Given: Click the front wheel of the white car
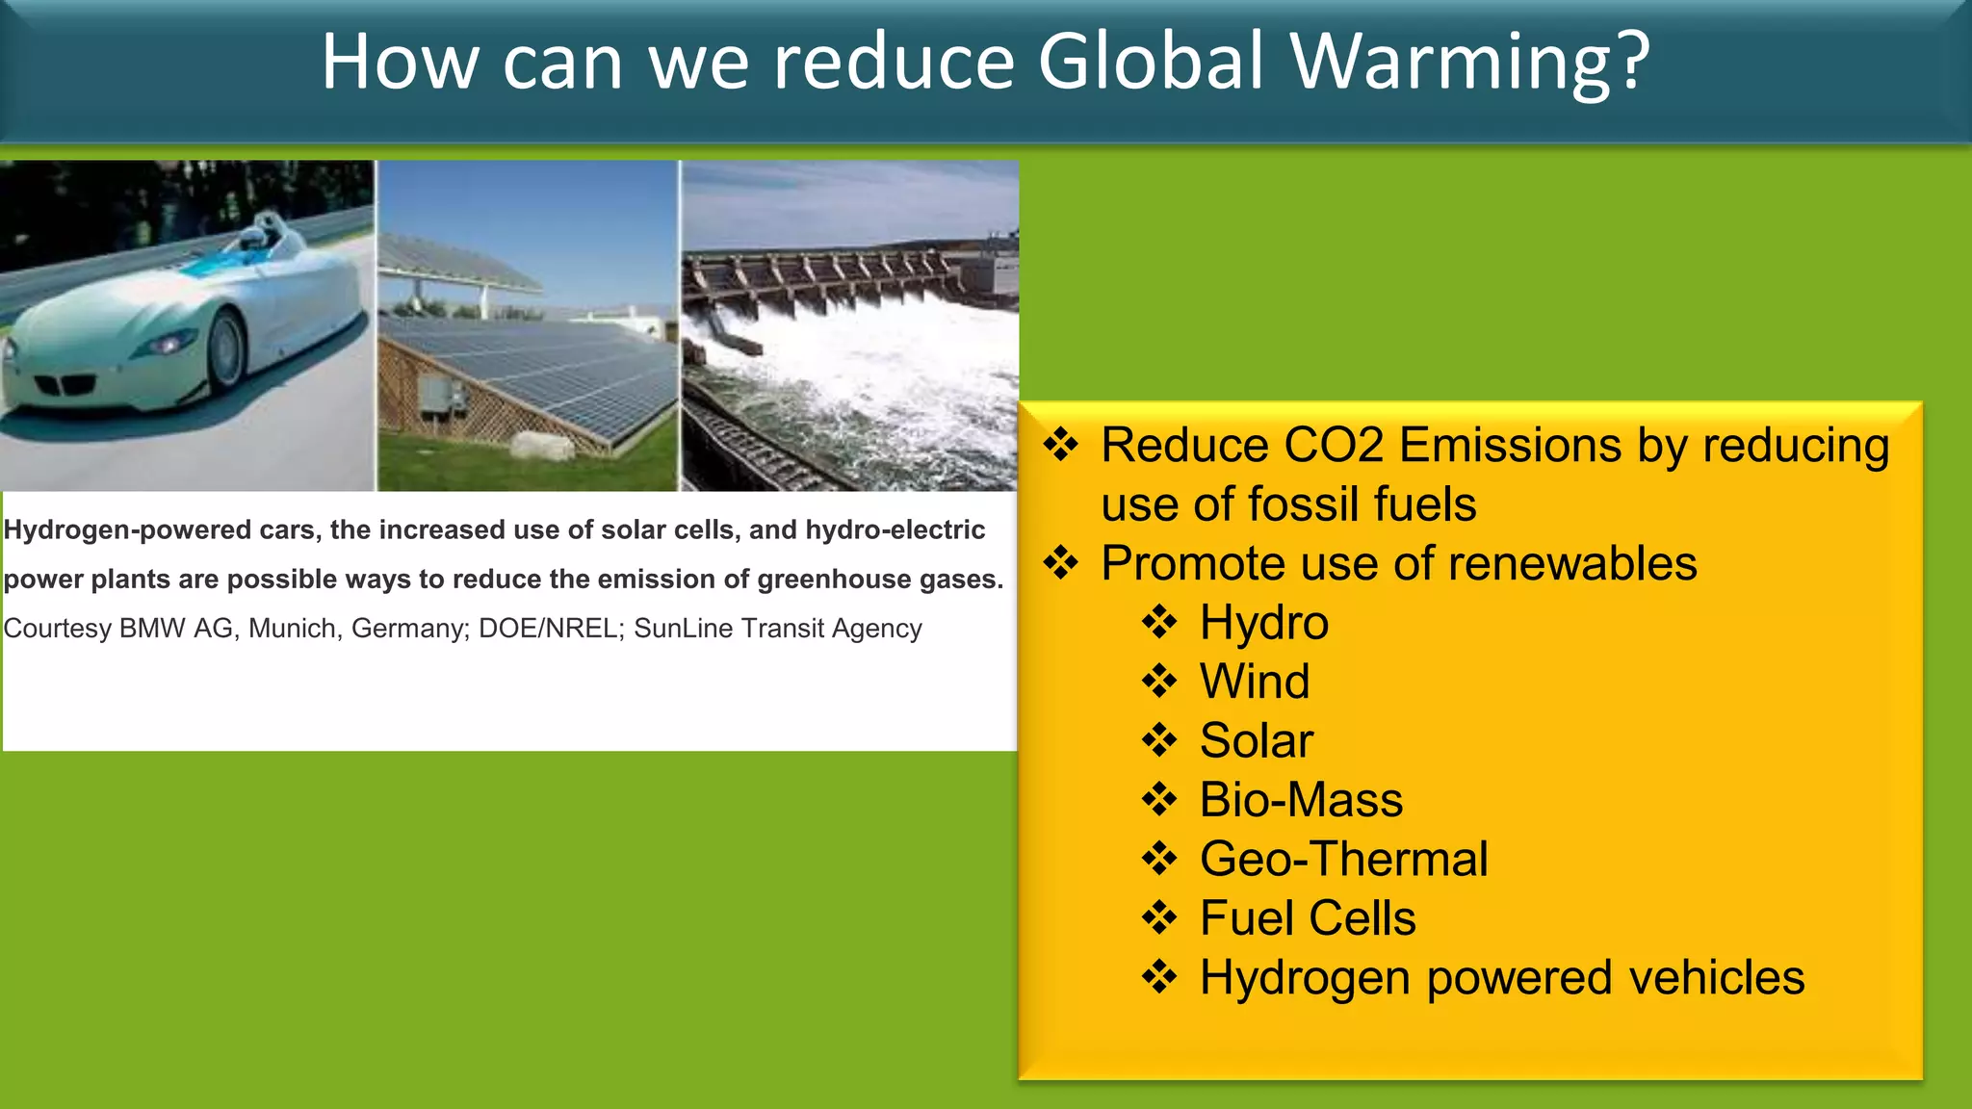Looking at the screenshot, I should pos(226,348).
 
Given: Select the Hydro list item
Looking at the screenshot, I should pos(1263,623).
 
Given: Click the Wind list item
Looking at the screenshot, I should pos(1254,682).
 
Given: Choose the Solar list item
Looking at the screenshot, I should pos(1256,741).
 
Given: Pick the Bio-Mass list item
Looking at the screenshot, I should pos(1300,800).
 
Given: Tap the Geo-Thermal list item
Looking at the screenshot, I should pos(1342,859).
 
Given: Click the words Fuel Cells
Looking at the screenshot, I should pos(1307,918).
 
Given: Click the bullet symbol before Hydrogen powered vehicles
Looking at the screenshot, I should pos(1159,977).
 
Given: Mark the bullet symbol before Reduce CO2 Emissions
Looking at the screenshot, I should pos(1060,445).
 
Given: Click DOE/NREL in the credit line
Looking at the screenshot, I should pos(550,629).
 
